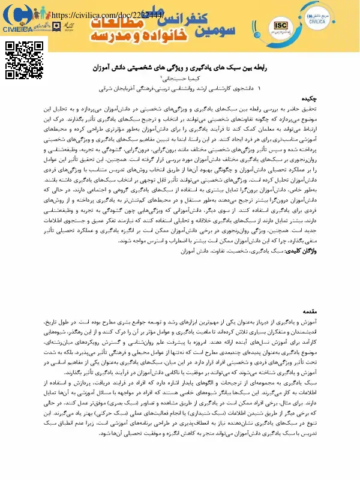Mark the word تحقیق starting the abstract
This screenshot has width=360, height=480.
[x=339, y=109]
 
